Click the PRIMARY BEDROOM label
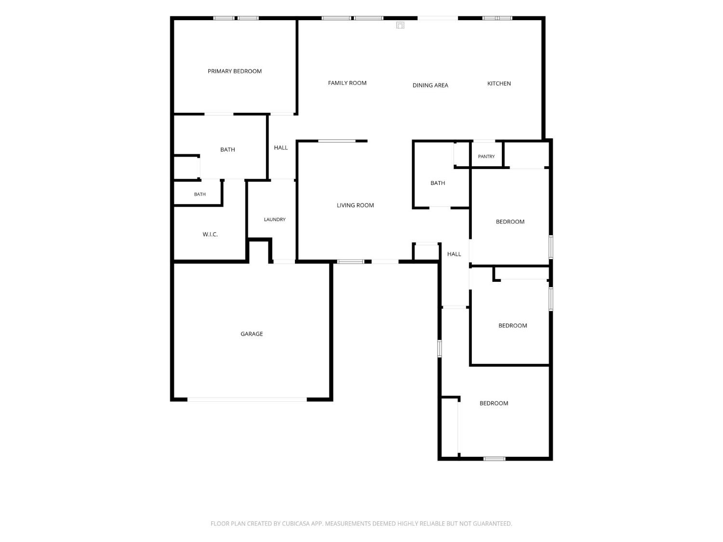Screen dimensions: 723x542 coord(235,71)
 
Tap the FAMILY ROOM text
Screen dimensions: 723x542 coord(347,83)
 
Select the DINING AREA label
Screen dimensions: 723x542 coord(430,85)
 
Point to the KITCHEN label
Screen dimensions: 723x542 coord(499,83)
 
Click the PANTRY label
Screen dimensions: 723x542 coord(486,156)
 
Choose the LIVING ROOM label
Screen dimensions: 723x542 coord(355,205)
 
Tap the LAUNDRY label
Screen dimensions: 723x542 coord(275,220)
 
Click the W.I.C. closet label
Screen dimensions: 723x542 coord(210,234)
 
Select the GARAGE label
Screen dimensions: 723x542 coord(252,334)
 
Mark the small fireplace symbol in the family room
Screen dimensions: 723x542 coord(400,26)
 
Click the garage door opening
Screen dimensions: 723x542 coord(247,399)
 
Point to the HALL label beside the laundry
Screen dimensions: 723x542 coord(281,148)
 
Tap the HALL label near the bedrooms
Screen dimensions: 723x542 coord(454,254)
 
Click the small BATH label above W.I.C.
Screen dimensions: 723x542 coord(200,194)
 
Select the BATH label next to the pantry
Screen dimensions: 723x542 coord(438,183)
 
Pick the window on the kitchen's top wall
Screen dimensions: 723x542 coord(497,18)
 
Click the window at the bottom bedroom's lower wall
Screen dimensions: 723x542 coord(494,459)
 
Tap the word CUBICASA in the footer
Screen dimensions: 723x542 coord(296,524)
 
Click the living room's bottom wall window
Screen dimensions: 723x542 coord(350,262)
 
